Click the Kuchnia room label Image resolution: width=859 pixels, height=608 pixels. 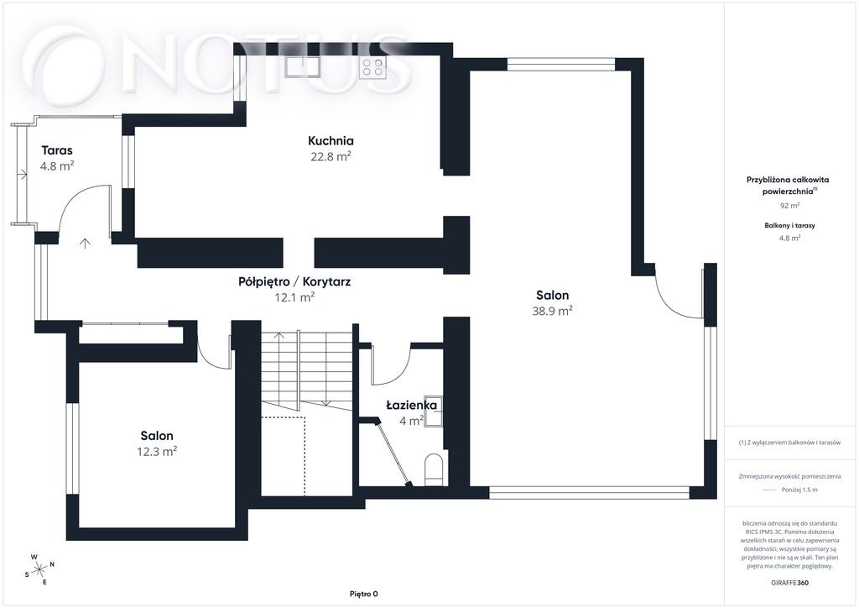pyautogui.click(x=331, y=141)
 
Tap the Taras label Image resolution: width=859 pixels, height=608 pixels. pyautogui.click(x=57, y=150)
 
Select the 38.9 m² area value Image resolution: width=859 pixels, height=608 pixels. pyautogui.click(x=552, y=311)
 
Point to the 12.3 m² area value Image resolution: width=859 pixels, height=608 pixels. pyautogui.click(x=157, y=451)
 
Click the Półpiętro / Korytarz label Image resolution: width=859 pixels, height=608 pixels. pyautogui.click(x=294, y=282)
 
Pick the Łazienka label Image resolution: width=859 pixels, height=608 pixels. pyautogui.click(x=411, y=406)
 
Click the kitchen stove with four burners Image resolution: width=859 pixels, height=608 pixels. pyautogui.click(x=372, y=67)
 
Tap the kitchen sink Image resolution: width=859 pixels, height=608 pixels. pyautogui.click(x=302, y=67)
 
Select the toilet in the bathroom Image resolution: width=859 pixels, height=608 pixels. pyautogui.click(x=434, y=469)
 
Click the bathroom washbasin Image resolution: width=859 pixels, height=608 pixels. pyautogui.click(x=435, y=410)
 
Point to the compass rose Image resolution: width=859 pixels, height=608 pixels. pyautogui.click(x=39, y=569)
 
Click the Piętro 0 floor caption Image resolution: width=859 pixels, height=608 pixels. pyautogui.click(x=364, y=594)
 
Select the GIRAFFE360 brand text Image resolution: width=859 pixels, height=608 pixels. pyautogui.click(x=789, y=583)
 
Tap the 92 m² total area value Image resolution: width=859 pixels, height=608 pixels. pyautogui.click(x=789, y=206)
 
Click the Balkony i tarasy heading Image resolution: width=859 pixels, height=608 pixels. pyautogui.click(x=789, y=225)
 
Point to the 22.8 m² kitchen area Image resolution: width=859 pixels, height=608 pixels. pyautogui.click(x=331, y=156)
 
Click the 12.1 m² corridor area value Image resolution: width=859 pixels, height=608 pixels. pyautogui.click(x=294, y=297)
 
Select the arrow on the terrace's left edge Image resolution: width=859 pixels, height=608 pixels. pyautogui.click(x=22, y=175)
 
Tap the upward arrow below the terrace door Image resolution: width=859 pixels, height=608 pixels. pyautogui.click(x=85, y=243)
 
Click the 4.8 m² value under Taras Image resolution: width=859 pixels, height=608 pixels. pyautogui.click(x=57, y=165)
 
